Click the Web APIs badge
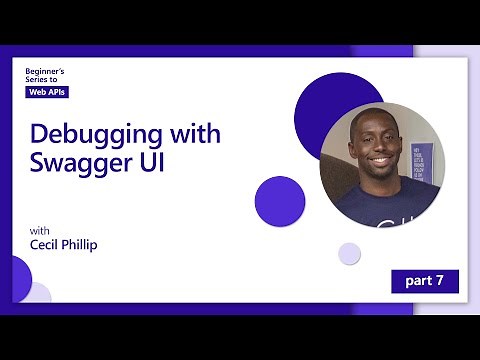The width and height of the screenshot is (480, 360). click(47, 93)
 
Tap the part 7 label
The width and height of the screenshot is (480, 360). click(424, 280)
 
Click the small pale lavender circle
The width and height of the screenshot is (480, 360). click(349, 253)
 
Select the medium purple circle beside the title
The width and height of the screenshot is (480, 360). click(279, 201)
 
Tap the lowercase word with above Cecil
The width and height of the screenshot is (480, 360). click(39, 228)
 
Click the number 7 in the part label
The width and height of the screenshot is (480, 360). click(440, 280)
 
